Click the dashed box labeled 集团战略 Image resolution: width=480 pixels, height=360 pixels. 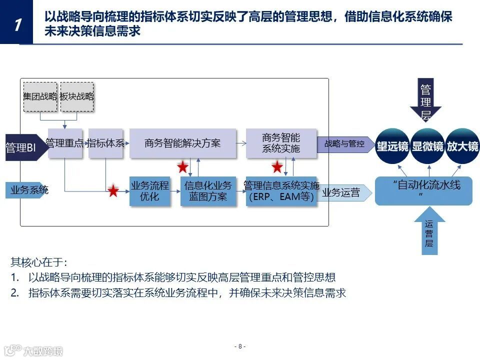(40, 96)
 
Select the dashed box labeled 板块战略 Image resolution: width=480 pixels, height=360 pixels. (77, 96)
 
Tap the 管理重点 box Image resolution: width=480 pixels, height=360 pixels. (65, 143)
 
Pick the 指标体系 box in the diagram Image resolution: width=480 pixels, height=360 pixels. (105, 143)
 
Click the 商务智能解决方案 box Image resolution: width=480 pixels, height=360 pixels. (182, 143)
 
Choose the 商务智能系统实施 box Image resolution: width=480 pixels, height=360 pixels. (281, 143)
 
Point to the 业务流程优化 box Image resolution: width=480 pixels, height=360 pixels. (149, 191)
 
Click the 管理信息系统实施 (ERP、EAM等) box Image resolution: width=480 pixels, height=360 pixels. (281, 191)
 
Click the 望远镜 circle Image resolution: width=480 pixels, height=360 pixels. (392, 146)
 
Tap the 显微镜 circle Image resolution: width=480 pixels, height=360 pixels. (427, 146)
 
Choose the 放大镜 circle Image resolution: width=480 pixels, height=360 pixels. (462, 146)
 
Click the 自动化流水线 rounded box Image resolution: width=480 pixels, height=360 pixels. (423, 190)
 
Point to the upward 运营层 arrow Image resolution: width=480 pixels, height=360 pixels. (429, 232)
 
